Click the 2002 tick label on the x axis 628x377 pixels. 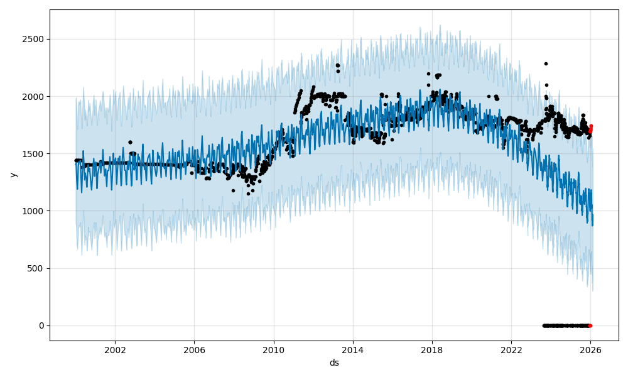coord(114,349)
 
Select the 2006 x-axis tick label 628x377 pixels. coord(194,349)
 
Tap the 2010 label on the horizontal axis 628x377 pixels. coord(273,349)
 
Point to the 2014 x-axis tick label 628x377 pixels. coord(352,349)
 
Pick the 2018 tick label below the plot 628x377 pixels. coord(432,349)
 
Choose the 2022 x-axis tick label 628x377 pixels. coord(511,349)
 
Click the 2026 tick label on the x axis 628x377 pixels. coord(590,349)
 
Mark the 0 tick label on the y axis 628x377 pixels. coord(42,325)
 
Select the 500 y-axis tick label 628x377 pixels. coord(37,268)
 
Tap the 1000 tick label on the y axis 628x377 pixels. coord(35,211)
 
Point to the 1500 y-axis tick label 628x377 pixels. coord(35,154)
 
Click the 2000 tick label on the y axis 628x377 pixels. coord(35,97)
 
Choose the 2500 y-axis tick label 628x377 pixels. coord(35,40)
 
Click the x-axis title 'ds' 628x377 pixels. coord(334,363)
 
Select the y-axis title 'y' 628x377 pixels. coord(12,175)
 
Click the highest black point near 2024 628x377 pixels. coord(546,63)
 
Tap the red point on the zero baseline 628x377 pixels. coord(590,325)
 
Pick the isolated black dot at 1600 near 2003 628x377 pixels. coord(130,142)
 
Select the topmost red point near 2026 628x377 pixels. coord(591,126)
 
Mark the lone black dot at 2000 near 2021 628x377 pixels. coord(489,97)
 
